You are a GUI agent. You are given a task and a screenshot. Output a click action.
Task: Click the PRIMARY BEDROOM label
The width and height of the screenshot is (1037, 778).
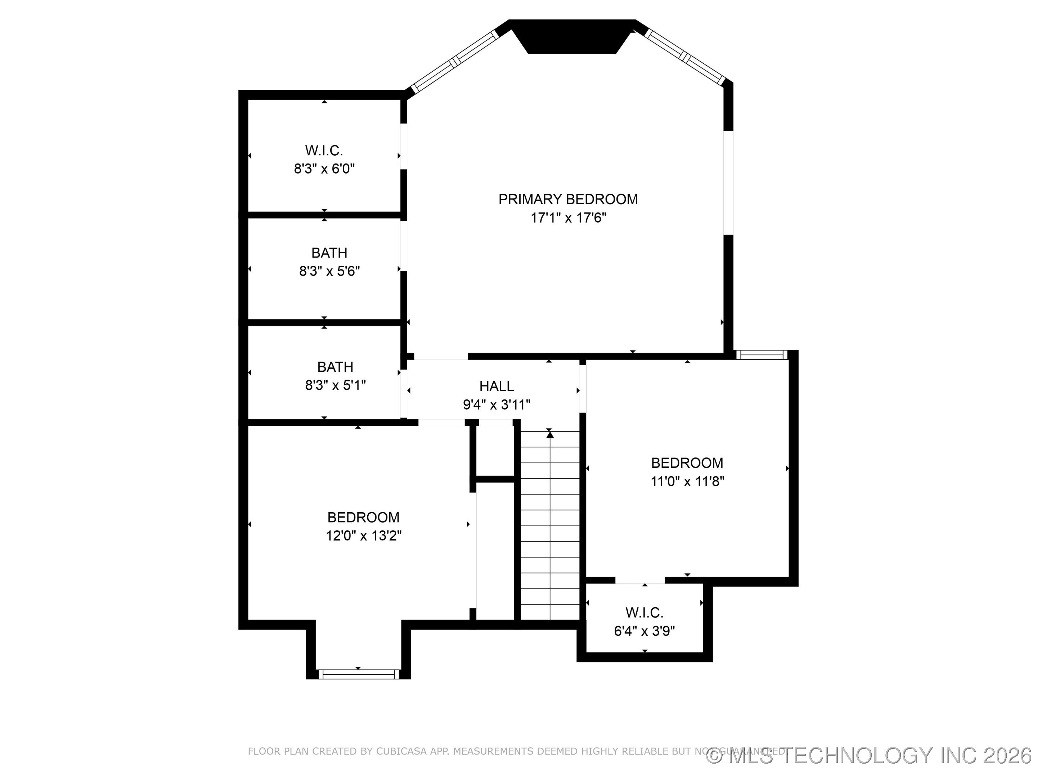tap(568, 199)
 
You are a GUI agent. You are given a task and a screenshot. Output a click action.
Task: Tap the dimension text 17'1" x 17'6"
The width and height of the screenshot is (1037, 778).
tap(568, 218)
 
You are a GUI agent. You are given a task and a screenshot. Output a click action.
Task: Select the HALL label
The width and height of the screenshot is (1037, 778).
tap(497, 386)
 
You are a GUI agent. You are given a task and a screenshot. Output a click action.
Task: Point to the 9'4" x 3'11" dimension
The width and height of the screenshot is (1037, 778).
tap(497, 404)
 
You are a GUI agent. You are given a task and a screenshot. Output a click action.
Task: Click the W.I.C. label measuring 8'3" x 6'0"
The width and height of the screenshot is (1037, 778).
tap(324, 151)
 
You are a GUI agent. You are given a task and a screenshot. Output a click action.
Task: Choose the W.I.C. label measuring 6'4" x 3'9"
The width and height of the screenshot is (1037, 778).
tap(644, 612)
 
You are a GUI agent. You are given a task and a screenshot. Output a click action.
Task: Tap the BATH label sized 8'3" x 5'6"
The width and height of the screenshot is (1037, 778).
tap(329, 253)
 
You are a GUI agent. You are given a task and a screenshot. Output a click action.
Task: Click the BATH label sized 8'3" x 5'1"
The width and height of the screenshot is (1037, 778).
tap(335, 367)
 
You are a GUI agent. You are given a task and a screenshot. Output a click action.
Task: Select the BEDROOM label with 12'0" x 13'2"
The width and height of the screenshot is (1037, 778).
tap(363, 517)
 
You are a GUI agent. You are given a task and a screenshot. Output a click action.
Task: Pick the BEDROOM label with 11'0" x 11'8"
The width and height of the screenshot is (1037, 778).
tap(687, 463)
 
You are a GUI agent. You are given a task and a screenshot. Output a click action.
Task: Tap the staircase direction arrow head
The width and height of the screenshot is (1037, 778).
tap(550, 435)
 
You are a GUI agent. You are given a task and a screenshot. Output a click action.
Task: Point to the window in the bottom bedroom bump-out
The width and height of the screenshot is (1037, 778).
tap(359, 674)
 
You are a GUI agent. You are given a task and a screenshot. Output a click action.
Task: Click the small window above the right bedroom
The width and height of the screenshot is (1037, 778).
tap(762, 355)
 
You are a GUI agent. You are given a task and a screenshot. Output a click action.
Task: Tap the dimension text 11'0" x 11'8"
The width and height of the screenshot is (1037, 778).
tap(687, 481)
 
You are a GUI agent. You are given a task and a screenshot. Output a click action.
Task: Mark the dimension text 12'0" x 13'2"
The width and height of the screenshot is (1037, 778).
tap(363, 536)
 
